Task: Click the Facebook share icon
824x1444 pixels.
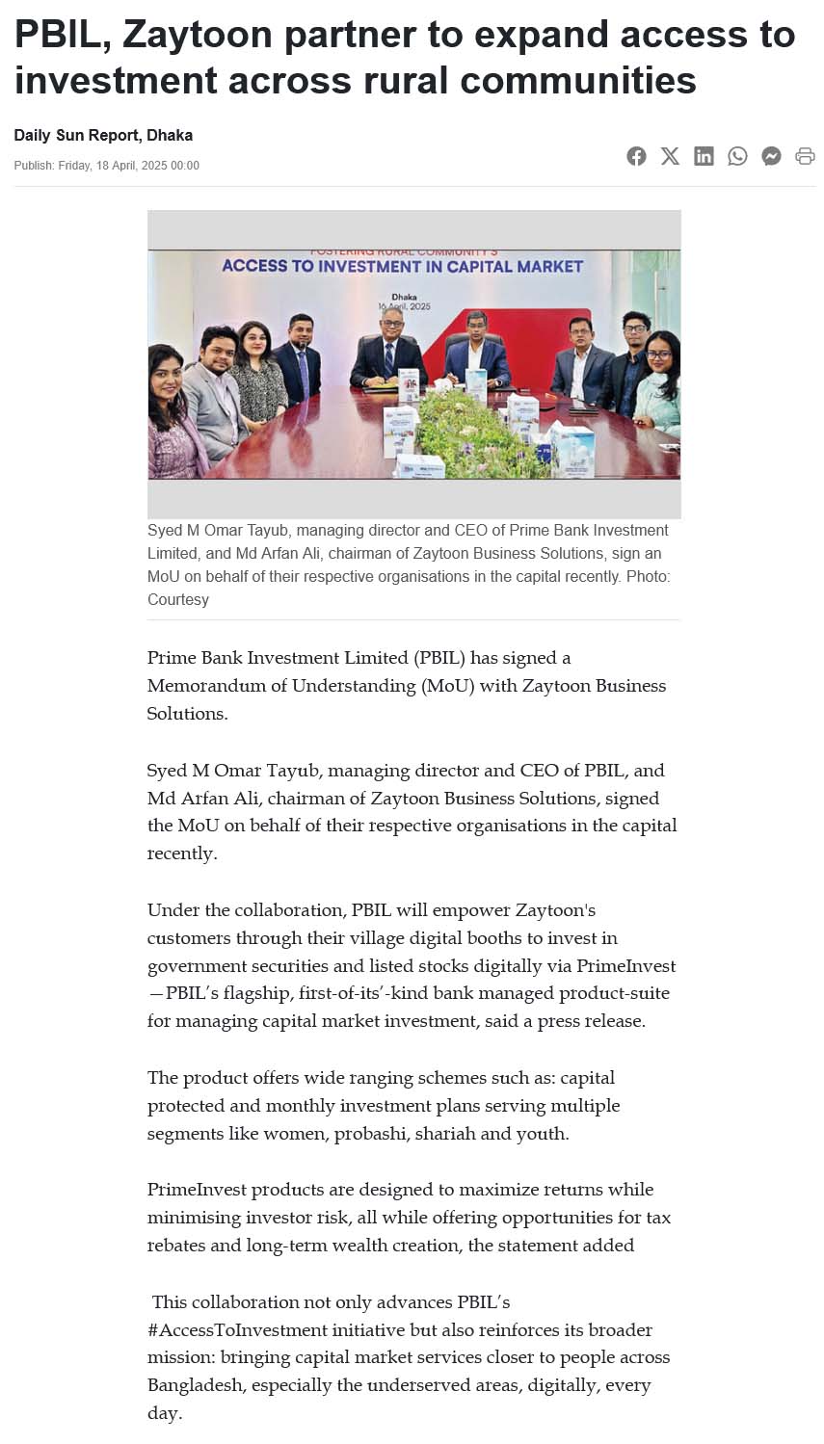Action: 636,156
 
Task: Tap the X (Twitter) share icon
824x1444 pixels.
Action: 670,156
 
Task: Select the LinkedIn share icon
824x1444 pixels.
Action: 704,156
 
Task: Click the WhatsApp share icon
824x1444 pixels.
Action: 737,156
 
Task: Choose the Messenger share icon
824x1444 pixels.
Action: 771,156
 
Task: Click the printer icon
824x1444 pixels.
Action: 805,156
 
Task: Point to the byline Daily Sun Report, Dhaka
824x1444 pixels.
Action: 103,135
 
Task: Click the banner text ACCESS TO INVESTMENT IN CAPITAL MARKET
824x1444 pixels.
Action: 402,267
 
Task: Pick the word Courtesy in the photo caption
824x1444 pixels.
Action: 178,599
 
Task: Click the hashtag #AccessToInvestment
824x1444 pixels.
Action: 238,1329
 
